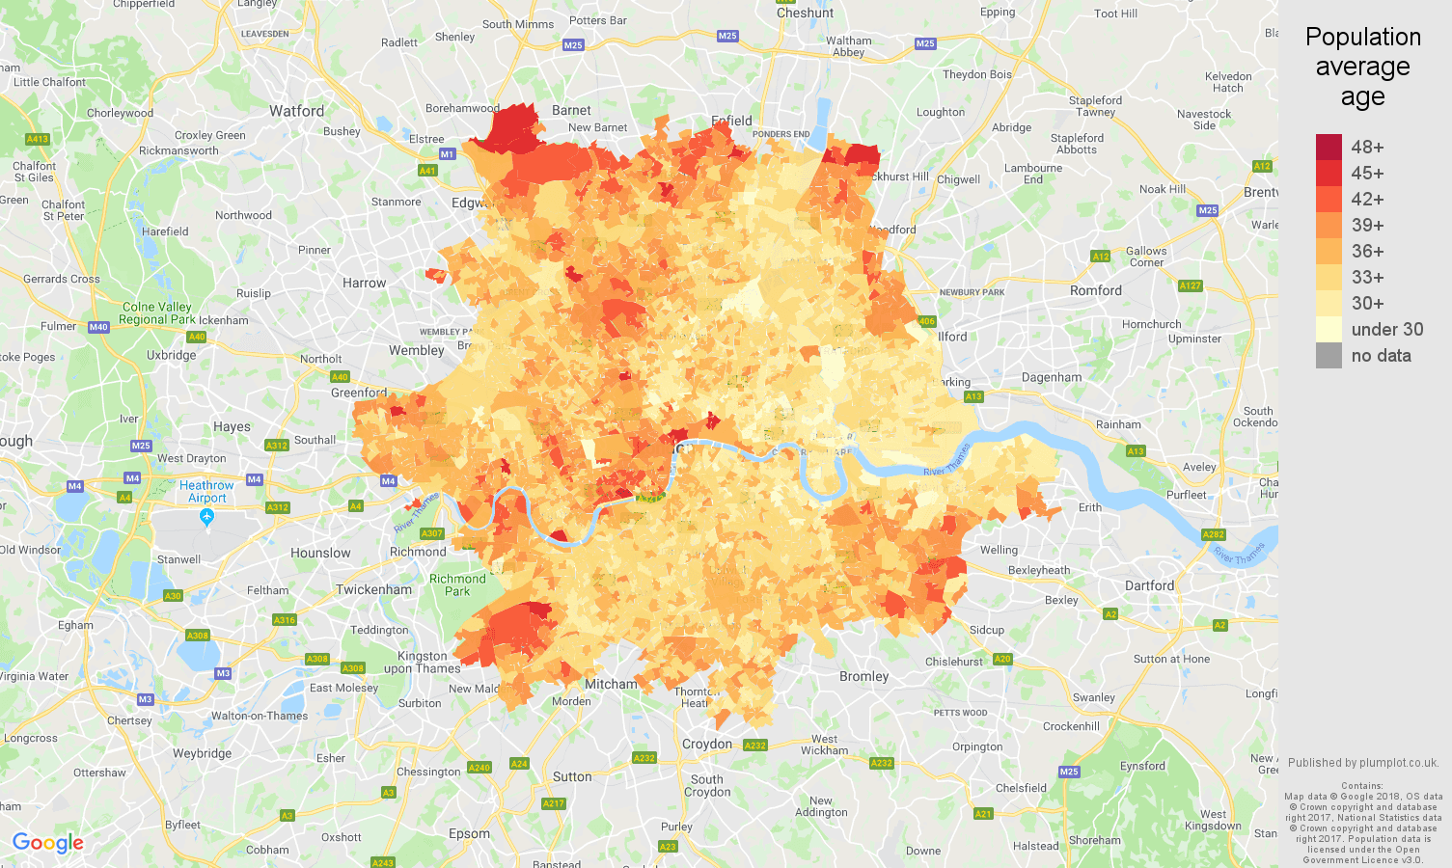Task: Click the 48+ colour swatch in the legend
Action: pos(1329,147)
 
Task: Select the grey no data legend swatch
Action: pos(1329,355)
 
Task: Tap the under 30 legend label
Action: pos(1386,329)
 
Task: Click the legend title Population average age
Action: pos(1362,67)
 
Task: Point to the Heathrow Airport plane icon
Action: pos(206,518)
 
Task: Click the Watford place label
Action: pos(296,111)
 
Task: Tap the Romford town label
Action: pos(1095,290)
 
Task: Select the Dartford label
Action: pos(1149,585)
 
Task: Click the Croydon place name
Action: pos(707,744)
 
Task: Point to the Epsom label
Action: pos(469,833)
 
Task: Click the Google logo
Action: pos(48,843)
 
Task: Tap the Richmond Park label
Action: pos(457,585)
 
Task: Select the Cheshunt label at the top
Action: pos(805,13)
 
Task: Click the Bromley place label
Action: pos(863,676)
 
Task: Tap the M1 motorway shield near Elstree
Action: pos(447,153)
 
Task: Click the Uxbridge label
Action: pos(171,355)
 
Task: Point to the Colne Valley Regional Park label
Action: pos(156,313)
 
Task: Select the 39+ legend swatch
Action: pos(1329,225)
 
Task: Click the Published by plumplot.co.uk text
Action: pos(1362,762)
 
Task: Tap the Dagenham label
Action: pos(1052,377)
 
